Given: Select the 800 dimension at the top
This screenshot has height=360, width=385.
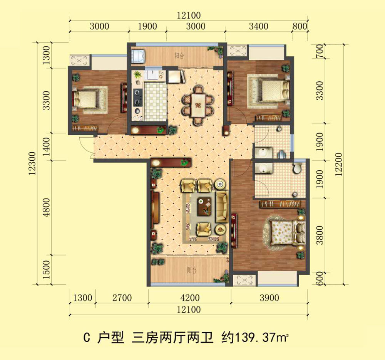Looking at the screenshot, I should click(300, 27).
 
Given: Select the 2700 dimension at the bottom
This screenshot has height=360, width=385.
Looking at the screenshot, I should click(122, 298).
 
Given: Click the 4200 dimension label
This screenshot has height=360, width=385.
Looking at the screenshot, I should click(189, 298).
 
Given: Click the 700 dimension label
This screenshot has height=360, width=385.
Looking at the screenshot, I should click(319, 51).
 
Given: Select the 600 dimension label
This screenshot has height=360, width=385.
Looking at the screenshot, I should click(319, 278).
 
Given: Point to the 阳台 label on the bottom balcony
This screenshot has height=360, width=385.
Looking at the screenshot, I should click(191, 271).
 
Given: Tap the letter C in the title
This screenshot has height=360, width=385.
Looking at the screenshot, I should click(87, 338).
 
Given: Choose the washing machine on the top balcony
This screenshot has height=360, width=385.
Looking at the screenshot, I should click(138, 56).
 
